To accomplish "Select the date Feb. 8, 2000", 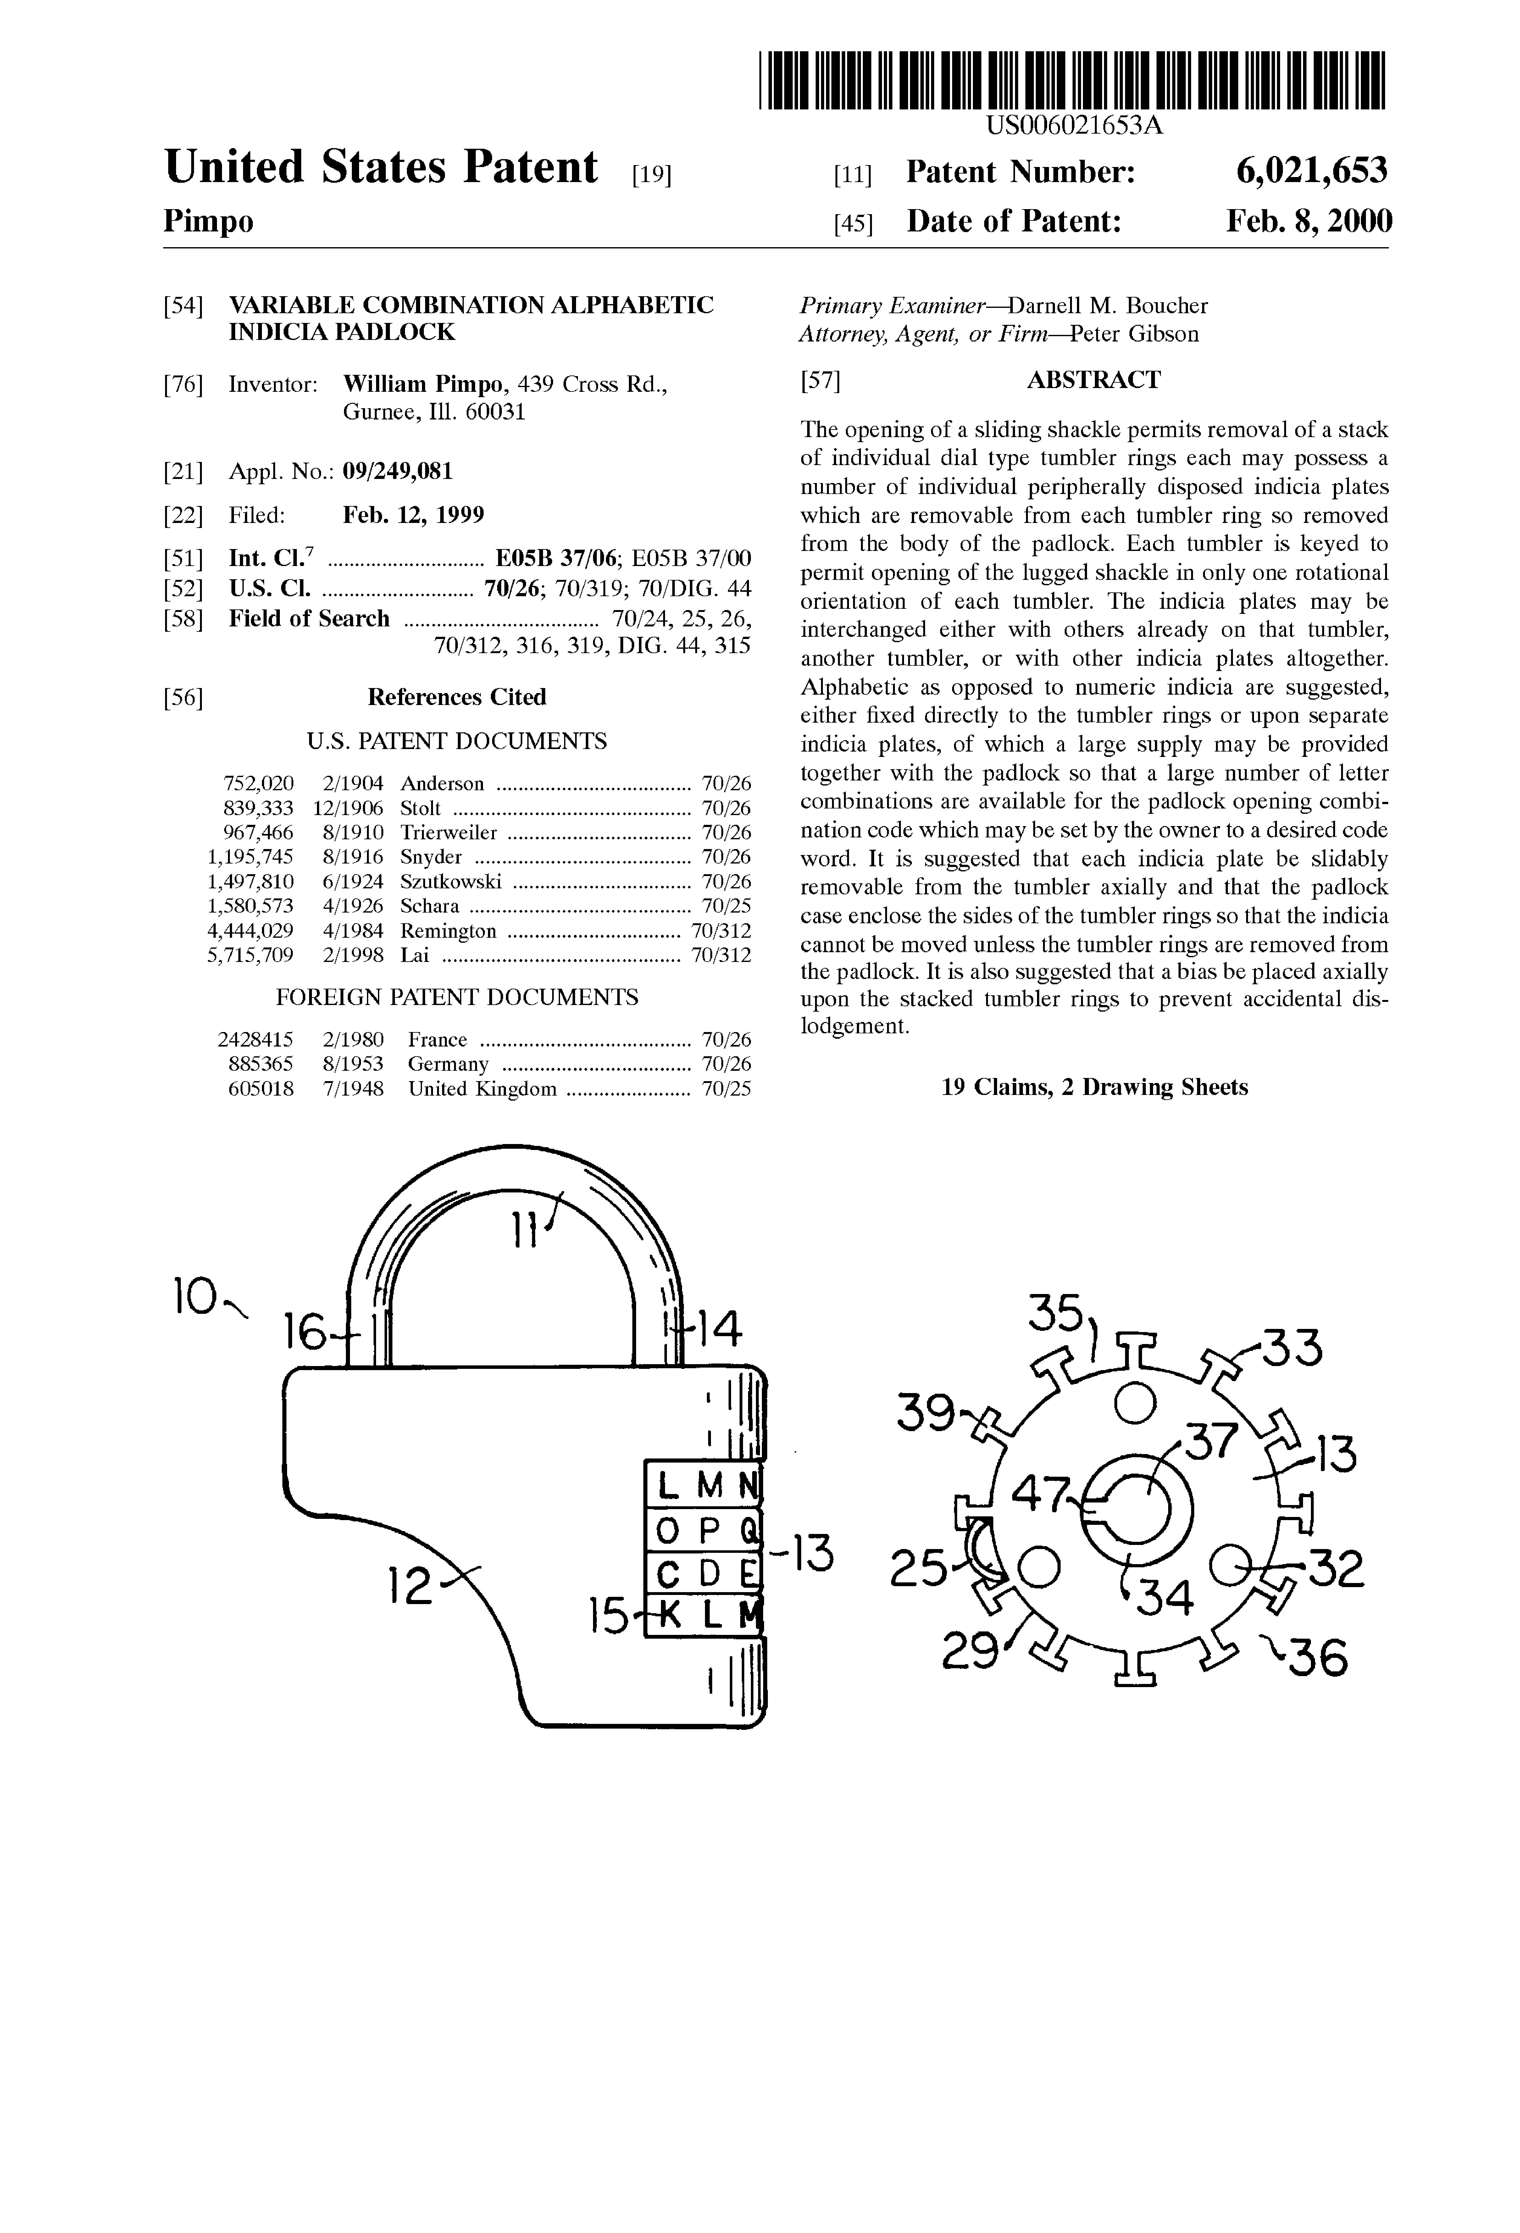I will pos(1309,222).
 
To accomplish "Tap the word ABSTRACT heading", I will pos(1093,380).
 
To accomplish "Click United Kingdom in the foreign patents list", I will pos(482,1089).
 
